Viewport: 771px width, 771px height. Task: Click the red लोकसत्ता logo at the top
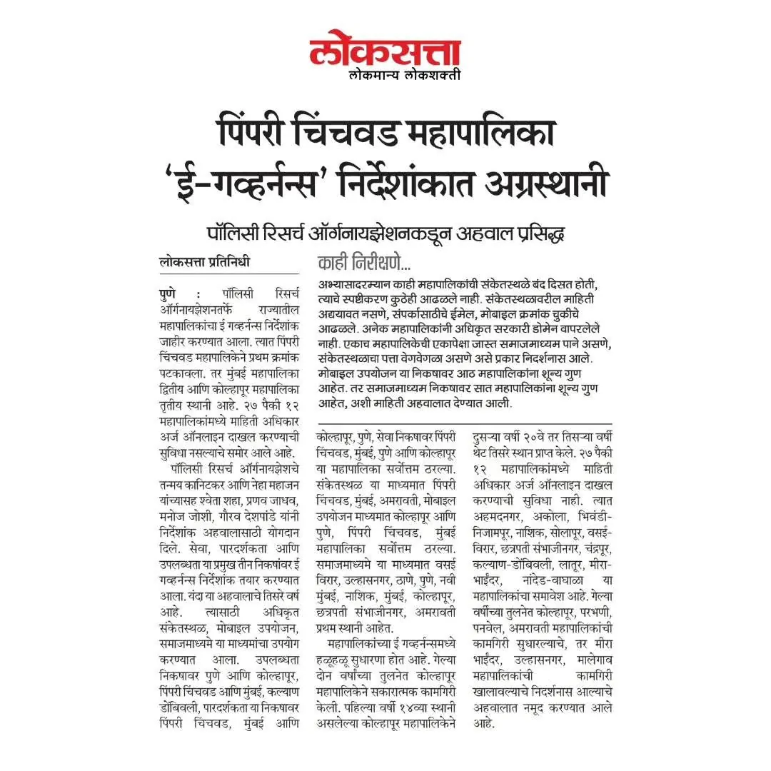pyautogui.click(x=385, y=51)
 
